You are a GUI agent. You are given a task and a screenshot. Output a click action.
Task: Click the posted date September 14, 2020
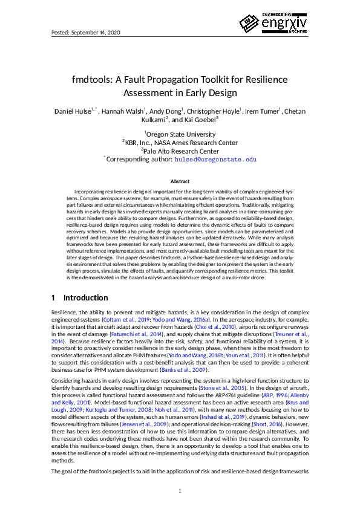85,31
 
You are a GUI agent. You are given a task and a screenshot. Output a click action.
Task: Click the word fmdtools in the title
93,80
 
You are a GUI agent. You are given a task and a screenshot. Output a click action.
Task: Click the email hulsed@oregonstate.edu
216,160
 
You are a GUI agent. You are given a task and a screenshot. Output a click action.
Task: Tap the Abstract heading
180,181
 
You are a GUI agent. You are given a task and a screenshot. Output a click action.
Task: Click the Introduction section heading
86,298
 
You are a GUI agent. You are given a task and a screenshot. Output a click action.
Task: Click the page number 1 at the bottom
180,490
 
